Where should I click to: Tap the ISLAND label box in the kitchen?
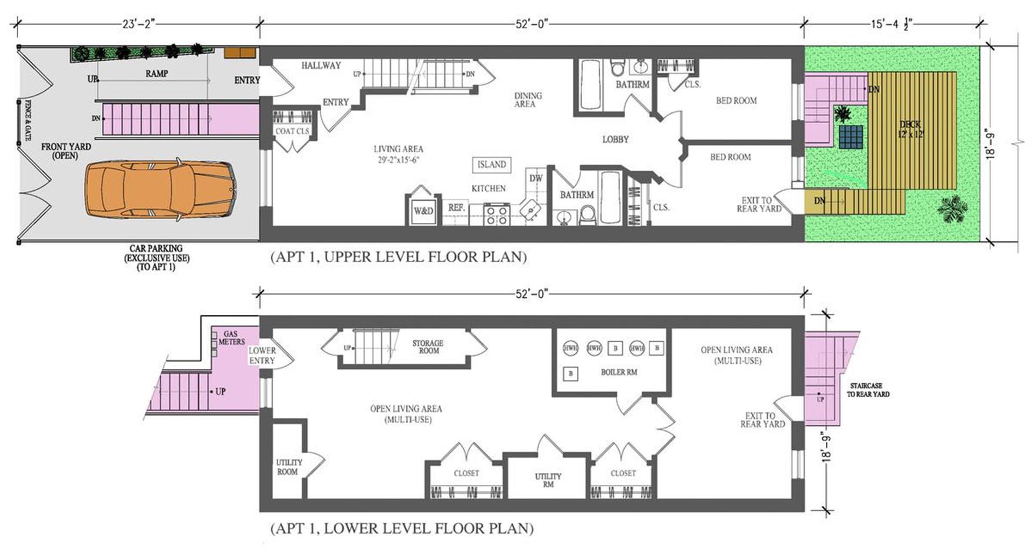(492, 164)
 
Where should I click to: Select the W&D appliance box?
(423, 211)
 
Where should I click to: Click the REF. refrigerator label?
(456, 207)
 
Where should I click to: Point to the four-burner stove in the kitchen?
(497, 214)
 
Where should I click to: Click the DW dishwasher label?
(536, 178)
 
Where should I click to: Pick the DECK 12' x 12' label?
(910, 130)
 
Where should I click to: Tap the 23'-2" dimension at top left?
(138, 24)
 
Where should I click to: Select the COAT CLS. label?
(292, 131)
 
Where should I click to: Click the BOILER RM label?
(619, 372)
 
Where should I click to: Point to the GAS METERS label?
(231, 337)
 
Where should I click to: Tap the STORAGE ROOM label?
(428, 347)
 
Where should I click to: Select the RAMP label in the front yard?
(157, 74)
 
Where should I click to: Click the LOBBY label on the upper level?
(615, 139)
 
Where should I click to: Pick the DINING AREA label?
(528, 100)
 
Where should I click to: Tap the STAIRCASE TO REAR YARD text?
(868, 390)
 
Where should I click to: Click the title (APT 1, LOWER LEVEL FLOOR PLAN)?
(402, 528)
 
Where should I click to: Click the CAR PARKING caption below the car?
(157, 257)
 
